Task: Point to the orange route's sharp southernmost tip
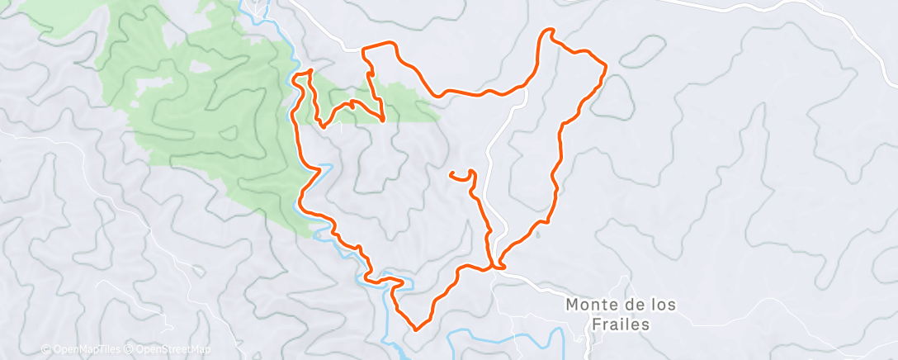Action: click(x=415, y=329)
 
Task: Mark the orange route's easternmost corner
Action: click(x=606, y=65)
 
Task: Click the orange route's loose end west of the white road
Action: click(x=451, y=174)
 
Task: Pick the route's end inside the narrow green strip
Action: click(x=385, y=121)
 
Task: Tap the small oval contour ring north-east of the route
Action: click(x=641, y=51)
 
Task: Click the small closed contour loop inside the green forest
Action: click(x=198, y=65)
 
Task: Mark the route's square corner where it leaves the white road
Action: click(x=365, y=50)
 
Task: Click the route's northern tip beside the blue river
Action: click(x=310, y=72)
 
